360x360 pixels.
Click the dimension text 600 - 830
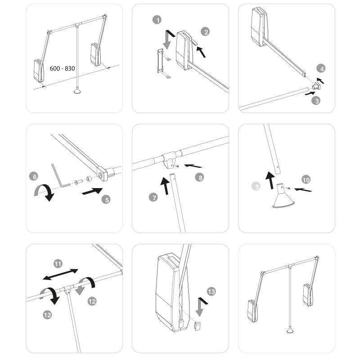click(63, 68)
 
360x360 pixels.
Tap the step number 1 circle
click(157, 20)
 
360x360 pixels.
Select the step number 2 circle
click(206, 31)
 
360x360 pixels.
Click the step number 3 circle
click(317, 101)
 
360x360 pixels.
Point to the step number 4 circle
click(320, 69)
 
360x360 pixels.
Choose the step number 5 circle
click(106, 199)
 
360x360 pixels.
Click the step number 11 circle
click(58, 263)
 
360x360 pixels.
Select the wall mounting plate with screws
click(159, 62)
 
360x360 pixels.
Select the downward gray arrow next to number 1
click(168, 38)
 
